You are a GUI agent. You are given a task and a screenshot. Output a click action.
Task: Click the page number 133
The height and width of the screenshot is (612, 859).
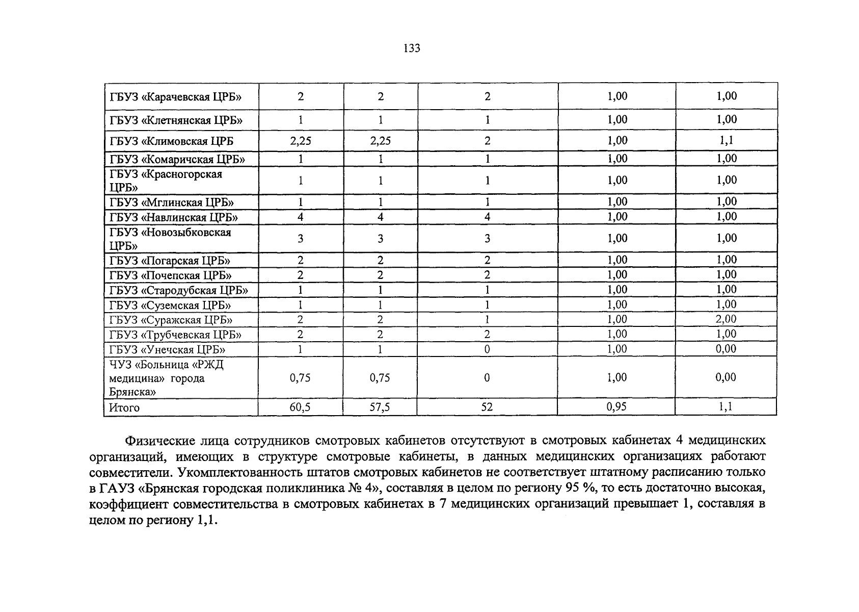(x=411, y=48)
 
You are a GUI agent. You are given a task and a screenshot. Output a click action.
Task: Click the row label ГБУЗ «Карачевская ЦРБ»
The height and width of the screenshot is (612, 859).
(x=175, y=97)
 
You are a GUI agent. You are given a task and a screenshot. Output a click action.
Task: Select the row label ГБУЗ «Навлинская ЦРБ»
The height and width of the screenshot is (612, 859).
(x=174, y=218)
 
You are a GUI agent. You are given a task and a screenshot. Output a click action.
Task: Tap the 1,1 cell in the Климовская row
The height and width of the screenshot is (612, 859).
(x=726, y=141)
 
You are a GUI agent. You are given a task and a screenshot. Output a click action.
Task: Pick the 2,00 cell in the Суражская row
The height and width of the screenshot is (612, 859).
(x=726, y=319)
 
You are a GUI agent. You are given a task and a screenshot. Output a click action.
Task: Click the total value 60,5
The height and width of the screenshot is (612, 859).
(x=300, y=407)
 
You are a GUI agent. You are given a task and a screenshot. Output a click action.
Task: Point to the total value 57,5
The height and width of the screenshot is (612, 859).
(x=380, y=407)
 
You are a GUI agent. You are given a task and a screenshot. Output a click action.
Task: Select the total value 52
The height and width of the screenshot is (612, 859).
(x=487, y=407)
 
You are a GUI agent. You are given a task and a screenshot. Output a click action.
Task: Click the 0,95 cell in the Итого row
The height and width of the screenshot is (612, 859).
(x=617, y=406)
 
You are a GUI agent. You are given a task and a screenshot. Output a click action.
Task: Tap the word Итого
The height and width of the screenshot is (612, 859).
(x=124, y=408)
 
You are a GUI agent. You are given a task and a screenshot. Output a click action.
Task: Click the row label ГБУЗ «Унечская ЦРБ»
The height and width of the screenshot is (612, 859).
(x=168, y=350)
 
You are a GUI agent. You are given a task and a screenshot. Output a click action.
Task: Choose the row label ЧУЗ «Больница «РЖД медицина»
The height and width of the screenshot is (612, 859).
(x=166, y=378)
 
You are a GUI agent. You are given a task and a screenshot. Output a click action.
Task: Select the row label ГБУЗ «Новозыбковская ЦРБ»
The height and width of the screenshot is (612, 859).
(x=170, y=239)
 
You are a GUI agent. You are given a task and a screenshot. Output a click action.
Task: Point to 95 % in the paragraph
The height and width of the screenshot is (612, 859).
(x=580, y=488)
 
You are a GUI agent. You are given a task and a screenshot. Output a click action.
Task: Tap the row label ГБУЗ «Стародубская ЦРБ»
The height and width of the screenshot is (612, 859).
(x=179, y=291)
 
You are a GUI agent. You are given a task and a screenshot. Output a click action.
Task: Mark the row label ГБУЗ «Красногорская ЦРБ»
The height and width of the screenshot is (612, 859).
(x=166, y=181)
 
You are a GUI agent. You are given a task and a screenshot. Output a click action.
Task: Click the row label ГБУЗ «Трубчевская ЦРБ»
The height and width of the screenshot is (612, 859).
(x=175, y=335)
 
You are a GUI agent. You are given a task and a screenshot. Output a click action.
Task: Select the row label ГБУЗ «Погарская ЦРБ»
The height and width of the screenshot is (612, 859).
(x=170, y=261)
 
